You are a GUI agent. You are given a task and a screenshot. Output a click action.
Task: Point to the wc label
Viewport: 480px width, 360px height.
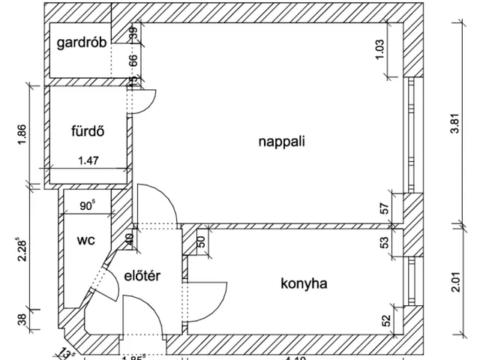(85, 241)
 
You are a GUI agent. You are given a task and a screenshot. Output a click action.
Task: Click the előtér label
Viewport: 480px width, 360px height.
(142, 275)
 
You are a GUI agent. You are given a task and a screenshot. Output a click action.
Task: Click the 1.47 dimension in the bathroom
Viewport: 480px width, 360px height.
(88, 160)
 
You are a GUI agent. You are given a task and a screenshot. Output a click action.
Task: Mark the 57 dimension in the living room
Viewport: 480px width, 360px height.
(385, 208)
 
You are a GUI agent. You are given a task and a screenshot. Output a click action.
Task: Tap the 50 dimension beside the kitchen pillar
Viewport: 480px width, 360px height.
(201, 241)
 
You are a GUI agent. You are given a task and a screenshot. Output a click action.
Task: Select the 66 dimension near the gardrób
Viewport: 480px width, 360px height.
(133, 61)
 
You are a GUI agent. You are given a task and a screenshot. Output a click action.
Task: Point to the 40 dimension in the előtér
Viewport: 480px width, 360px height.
(129, 241)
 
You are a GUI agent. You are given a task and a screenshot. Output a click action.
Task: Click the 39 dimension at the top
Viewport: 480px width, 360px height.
(133, 33)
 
